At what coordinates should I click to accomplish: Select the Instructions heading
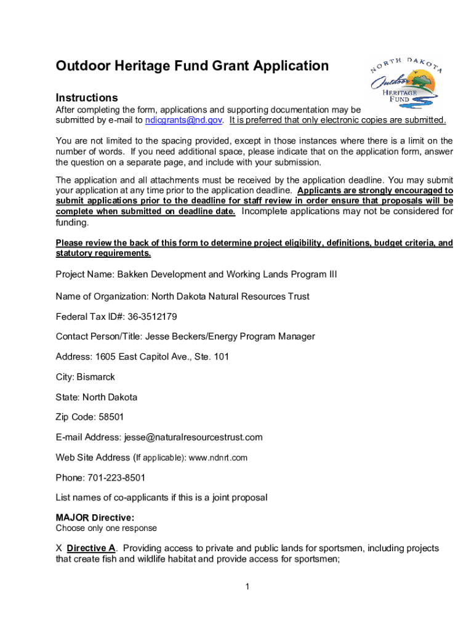coord(87,98)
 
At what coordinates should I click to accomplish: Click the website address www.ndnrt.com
coord(218,458)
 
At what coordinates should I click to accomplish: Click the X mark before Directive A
coord(59,548)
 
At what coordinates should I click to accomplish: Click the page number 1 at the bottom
coord(246,587)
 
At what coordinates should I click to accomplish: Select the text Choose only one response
coord(106,528)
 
